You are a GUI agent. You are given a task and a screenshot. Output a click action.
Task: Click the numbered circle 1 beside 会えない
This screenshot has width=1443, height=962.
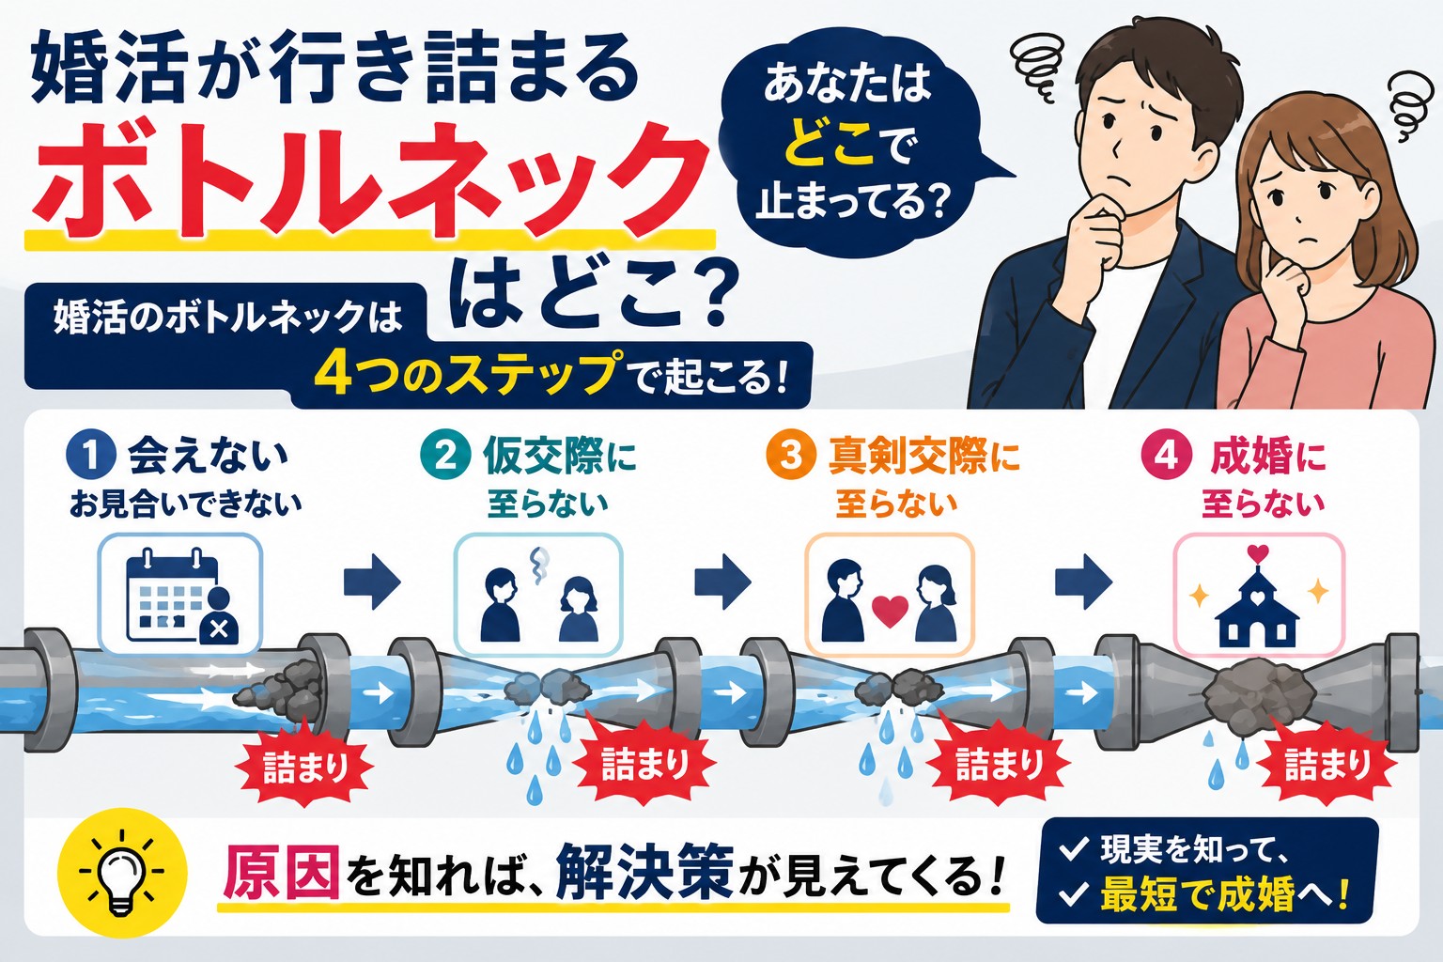[x=91, y=455]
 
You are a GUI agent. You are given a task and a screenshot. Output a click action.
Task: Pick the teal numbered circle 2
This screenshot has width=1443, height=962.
[x=445, y=456]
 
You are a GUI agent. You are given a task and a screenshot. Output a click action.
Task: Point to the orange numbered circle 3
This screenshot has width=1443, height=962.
[x=790, y=455]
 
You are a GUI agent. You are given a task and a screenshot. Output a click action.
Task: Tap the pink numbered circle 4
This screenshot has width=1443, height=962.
[x=1165, y=456]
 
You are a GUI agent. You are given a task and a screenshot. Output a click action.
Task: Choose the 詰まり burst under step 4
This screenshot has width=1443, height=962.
[x=1327, y=767]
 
